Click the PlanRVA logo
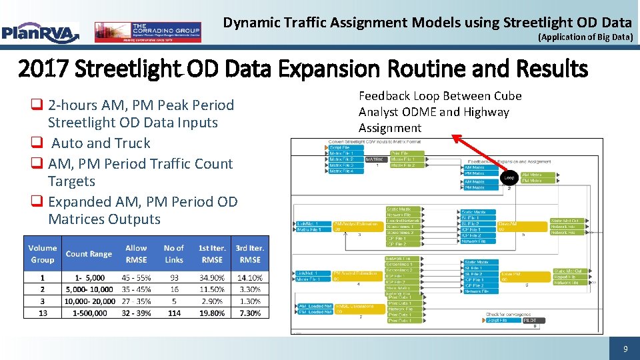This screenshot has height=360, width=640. [x=40, y=31]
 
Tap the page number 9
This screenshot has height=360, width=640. [x=625, y=349]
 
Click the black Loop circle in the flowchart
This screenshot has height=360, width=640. [x=509, y=178]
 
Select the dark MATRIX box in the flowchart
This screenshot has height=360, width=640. [x=375, y=159]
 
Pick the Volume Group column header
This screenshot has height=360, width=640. [x=43, y=254]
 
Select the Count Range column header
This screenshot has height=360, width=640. [x=89, y=254]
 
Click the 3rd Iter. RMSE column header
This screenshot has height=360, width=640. [x=250, y=254]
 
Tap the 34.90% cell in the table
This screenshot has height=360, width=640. [x=212, y=277]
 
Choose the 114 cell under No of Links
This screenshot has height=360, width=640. [x=174, y=313]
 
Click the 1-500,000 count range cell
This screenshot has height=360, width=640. [x=89, y=313]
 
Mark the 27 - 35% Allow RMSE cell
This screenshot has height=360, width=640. [x=136, y=301]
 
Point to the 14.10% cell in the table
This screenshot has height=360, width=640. [x=250, y=277]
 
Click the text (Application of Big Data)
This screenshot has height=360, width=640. [x=585, y=37]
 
